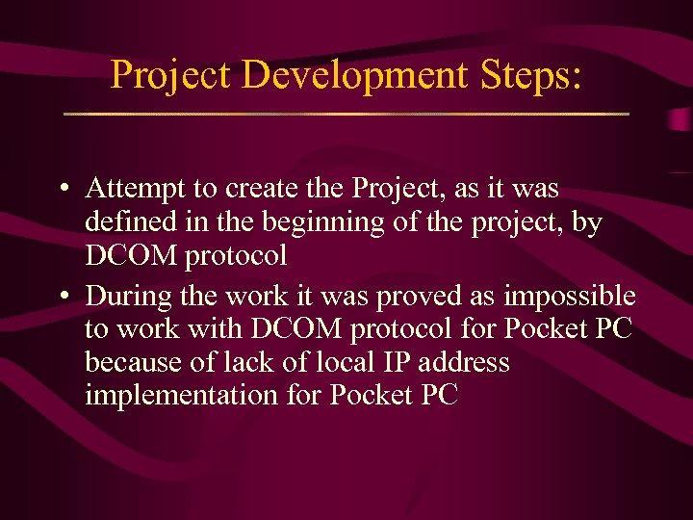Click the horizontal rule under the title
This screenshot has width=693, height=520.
pyautogui.click(x=346, y=115)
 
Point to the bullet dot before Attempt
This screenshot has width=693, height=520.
pyautogui.click(x=62, y=189)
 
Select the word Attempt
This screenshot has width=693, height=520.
pyautogui.click(x=131, y=189)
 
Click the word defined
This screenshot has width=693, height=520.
pyautogui.click(x=129, y=222)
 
